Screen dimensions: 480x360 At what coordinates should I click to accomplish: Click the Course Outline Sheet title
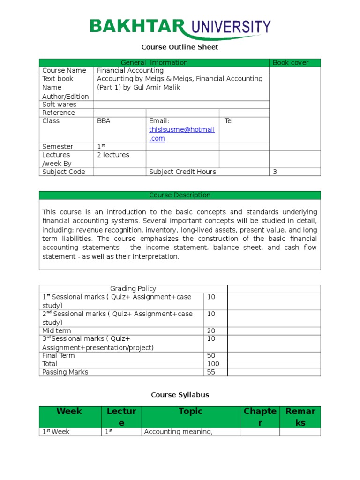tap(180, 47)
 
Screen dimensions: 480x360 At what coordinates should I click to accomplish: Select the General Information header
tap(154, 63)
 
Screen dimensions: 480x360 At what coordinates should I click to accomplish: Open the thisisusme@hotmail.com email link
tap(181, 134)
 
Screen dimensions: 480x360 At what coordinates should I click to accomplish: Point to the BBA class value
tap(104, 121)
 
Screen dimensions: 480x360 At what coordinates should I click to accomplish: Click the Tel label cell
tap(228, 121)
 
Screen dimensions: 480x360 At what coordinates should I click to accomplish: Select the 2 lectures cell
tap(112, 155)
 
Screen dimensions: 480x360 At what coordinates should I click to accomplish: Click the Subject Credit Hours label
tap(182, 172)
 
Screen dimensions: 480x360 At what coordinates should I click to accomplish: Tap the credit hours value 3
tap(275, 172)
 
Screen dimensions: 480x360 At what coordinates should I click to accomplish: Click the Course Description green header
tap(180, 195)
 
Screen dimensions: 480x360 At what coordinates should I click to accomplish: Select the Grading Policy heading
tap(133, 289)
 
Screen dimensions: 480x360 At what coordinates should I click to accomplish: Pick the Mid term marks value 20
tap(211, 331)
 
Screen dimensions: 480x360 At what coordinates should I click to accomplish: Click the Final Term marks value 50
tap(211, 356)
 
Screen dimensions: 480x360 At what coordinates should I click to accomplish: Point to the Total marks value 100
tap(213, 364)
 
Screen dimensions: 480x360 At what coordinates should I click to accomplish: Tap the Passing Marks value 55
tap(211, 372)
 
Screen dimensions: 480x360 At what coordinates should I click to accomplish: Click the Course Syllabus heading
tap(180, 395)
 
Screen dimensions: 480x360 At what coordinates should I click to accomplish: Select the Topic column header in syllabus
tap(190, 412)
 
